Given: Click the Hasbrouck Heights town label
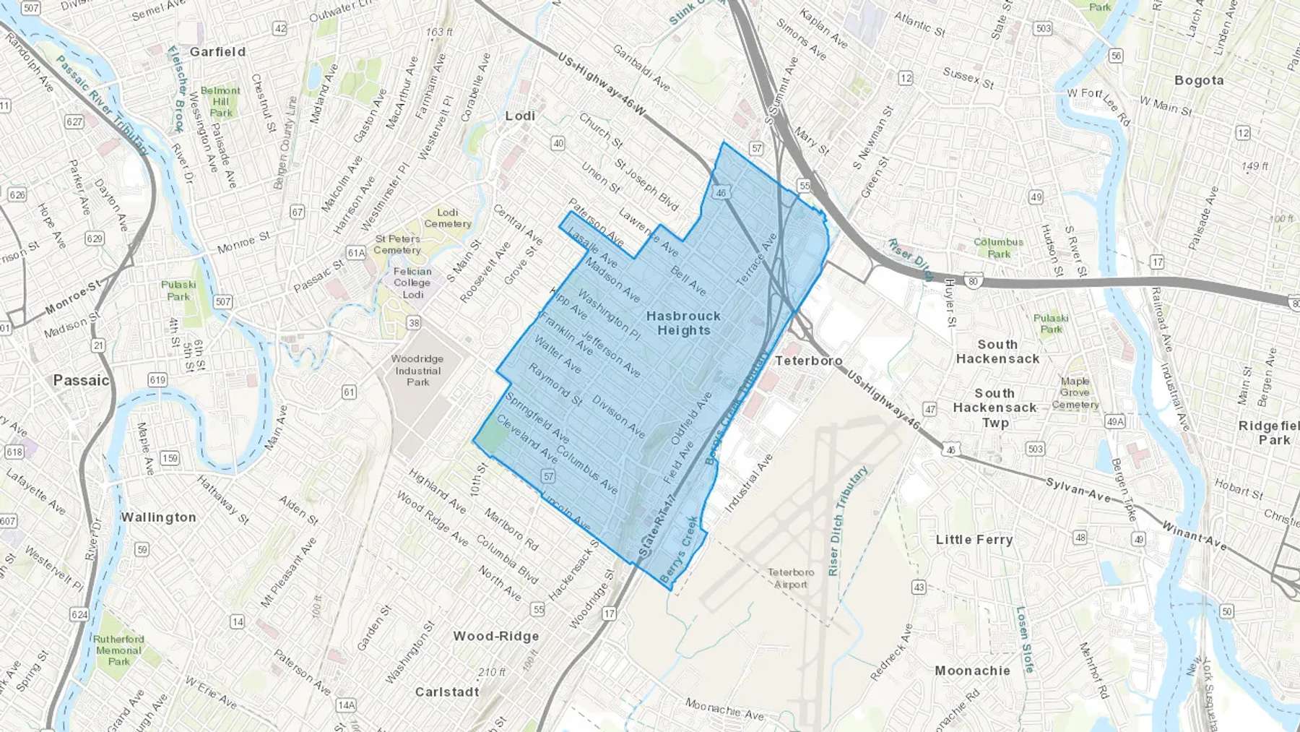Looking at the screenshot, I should tap(683, 323).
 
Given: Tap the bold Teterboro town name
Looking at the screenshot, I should tap(808, 361).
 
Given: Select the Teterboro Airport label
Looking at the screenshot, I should tap(790, 578).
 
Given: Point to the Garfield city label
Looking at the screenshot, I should tap(217, 52).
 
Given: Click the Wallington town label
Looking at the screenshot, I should tap(158, 517).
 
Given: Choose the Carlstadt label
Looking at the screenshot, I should tap(446, 692).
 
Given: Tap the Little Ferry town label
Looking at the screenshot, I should tap(974, 540).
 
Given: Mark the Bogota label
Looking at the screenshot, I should tap(1199, 80).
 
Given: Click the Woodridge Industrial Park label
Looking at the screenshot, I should tap(417, 370).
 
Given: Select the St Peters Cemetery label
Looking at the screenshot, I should tap(397, 244).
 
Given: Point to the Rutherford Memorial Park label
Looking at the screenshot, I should tap(118, 650).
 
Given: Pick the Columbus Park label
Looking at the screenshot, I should tap(998, 248).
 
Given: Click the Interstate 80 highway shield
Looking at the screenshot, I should tap(973, 280).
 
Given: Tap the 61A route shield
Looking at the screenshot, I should tap(355, 252).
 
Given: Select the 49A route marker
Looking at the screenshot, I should tap(1115, 422).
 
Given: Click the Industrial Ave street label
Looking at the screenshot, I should tap(749, 483).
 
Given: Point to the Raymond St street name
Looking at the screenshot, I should tap(555, 384).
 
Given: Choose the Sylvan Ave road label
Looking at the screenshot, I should tap(1079, 489).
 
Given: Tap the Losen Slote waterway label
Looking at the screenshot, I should tap(1025, 640).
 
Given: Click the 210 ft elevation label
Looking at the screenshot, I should tap(492, 672).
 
